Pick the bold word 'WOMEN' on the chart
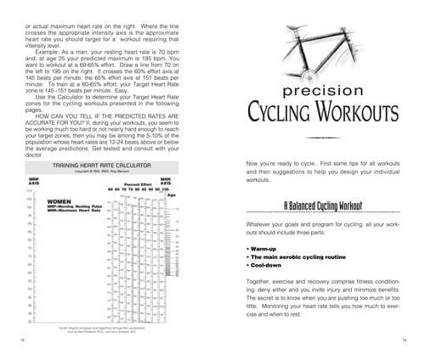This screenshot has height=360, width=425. coord(48,201)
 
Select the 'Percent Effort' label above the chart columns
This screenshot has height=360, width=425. coord(137,182)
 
